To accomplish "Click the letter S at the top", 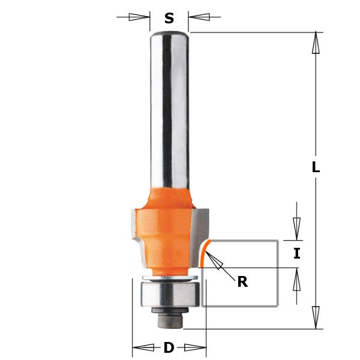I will pyautogui.click(x=169, y=19).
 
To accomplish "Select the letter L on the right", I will pyautogui.click(x=316, y=168).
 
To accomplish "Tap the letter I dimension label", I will pyautogui.click(x=296, y=254).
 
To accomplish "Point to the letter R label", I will pyautogui.click(x=242, y=281).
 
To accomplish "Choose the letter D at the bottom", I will pyautogui.click(x=169, y=347).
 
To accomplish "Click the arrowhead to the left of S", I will pyautogui.click(x=139, y=17).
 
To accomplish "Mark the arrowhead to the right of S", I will pyautogui.click(x=199, y=17).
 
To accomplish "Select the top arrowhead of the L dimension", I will pyautogui.click(x=316, y=43).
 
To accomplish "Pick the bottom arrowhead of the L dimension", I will pyautogui.click(x=316, y=317).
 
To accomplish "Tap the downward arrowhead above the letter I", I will pyautogui.click(x=296, y=229).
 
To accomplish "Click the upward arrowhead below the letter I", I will pyautogui.click(x=296, y=279).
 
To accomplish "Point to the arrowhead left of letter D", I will pyautogui.click(x=143, y=347).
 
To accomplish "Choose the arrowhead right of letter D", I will pyautogui.click(x=196, y=347).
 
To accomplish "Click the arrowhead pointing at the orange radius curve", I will pyautogui.click(x=214, y=260).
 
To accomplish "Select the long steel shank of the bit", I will pyautogui.click(x=169, y=108).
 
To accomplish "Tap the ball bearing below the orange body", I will pyautogui.click(x=169, y=295).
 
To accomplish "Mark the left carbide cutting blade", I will pyautogui.click(x=136, y=234).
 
